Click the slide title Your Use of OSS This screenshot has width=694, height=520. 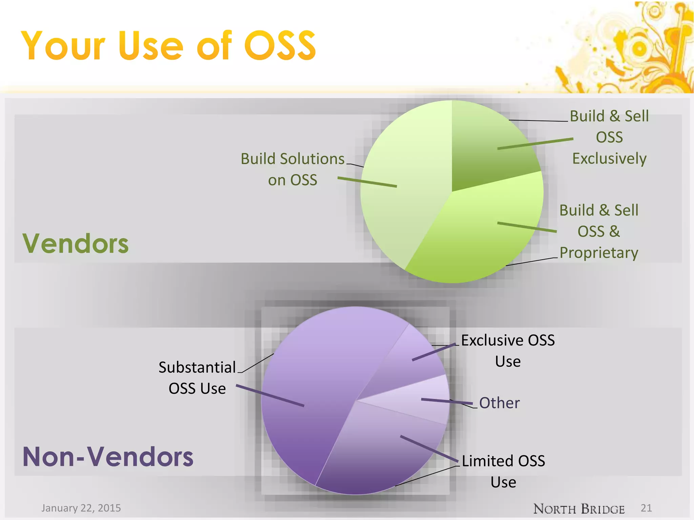coord(168,46)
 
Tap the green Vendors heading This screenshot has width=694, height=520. coord(75,243)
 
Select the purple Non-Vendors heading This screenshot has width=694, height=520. coord(108,457)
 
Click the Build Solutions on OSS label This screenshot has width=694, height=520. coord(292,169)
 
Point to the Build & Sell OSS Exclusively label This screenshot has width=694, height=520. coord(609,137)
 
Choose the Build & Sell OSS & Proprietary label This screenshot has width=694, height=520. coord(599,232)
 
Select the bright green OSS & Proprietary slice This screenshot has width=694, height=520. coord(481,237)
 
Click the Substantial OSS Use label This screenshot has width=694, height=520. coord(197,378)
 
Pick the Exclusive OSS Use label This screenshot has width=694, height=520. coord(508,351)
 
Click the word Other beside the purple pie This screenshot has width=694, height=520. coord(499,403)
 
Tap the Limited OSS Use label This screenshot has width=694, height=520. coord(503,471)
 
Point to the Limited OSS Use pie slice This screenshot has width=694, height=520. coord(380,454)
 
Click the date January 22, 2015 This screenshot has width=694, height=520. coord(81,508)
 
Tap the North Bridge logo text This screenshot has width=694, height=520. coord(579,509)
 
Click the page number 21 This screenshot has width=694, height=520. coord(646,508)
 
